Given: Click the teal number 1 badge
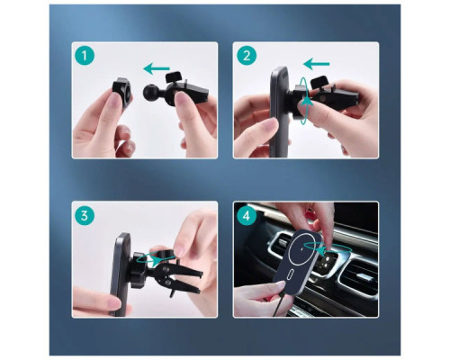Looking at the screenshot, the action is [85, 56].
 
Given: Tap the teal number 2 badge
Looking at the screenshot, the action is [247, 56].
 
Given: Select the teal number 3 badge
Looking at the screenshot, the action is [85, 216].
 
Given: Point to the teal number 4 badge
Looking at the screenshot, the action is [247, 216].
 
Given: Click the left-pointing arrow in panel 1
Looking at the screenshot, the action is [157, 69].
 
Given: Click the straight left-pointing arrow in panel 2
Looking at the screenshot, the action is [316, 64].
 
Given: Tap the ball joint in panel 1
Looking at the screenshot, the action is [149, 92].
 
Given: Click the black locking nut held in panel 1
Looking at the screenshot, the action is [121, 91].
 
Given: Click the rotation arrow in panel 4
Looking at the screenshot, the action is [325, 248].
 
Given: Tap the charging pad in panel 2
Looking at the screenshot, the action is [280, 112].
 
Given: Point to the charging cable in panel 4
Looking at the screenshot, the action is [276, 304].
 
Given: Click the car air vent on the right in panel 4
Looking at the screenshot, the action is [357, 277].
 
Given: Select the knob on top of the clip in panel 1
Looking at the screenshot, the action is [174, 76].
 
